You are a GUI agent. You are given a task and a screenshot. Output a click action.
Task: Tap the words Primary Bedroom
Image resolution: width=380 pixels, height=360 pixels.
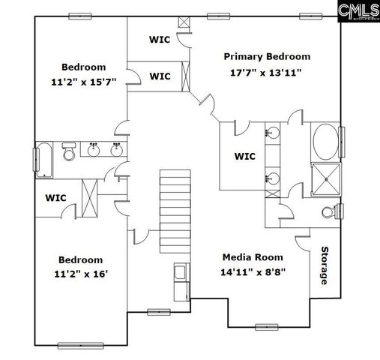[x=267, y=57]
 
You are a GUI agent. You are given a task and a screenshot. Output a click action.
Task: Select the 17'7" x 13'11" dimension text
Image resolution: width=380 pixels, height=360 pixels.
[x=267, y=73]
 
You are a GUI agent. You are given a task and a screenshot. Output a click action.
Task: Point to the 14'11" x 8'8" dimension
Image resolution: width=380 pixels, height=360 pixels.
[x=253, y=273]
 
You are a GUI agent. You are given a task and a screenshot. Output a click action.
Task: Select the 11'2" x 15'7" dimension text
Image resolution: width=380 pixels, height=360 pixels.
[x=83, y=82]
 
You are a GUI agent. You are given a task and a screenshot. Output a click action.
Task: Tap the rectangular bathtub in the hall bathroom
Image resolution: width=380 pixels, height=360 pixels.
[x=46, y=159]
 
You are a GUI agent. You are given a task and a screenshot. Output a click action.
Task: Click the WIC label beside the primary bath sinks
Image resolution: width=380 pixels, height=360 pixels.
[x=245, y=157]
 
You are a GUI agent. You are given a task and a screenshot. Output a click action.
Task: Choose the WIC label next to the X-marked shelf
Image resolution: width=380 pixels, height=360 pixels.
[x=56, y=198]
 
